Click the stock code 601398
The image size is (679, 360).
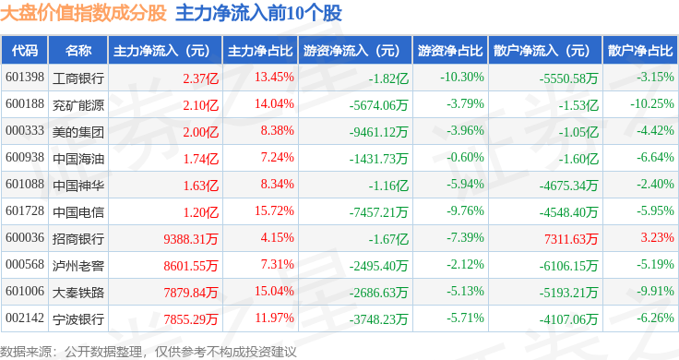point(25,78)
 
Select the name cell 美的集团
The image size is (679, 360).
point(78,132)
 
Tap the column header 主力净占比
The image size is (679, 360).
point(260,51)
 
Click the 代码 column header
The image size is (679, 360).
point(25,51)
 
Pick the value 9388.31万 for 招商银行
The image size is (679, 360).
point(191,239)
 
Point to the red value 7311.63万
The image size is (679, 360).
point(571,239)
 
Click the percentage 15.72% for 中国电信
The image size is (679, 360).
point(274,211)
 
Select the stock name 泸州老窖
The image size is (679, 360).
point(78,266)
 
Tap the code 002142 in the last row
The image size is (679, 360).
point(25,318)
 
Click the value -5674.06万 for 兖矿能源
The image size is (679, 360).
point(379,105)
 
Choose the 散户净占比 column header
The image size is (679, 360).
point(640,51)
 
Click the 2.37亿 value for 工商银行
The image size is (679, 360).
point(200,78)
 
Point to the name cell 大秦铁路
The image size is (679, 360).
point(78,293)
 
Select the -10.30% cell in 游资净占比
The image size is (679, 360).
point(462,78)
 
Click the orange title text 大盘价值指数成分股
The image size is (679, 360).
point(83,13)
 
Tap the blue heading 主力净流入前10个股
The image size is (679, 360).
point(258,13)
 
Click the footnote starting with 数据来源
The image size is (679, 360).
point(149,352)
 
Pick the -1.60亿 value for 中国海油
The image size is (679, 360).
point(578,159)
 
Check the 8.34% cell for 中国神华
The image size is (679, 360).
point(277,184)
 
